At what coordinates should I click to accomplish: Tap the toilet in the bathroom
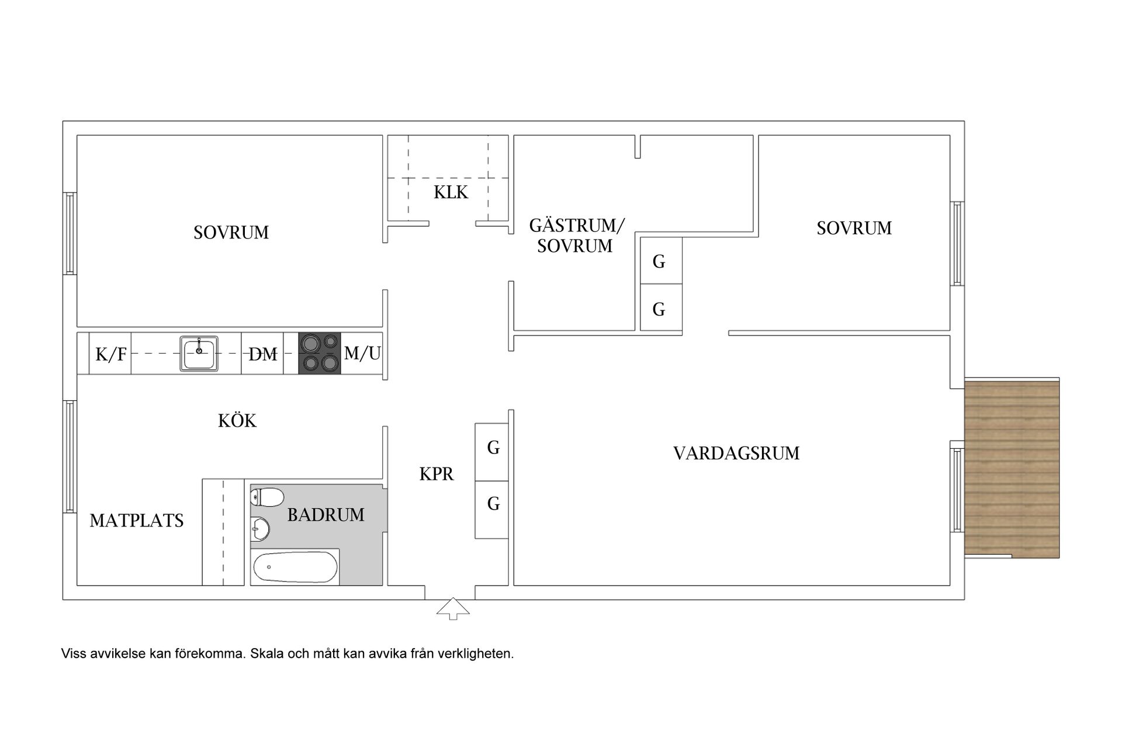[x=267, y=497]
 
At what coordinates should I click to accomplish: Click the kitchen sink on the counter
[x=199, y=354]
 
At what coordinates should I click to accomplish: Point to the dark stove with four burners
[x=319, y=353]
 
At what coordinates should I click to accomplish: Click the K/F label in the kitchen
[x=111, y=354]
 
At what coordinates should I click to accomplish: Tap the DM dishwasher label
[x=262, y=354]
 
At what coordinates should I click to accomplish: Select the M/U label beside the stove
[x=362, y=353]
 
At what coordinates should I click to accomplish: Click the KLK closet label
[x=451, y=192]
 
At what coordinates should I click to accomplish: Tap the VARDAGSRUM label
[x=736, y=453]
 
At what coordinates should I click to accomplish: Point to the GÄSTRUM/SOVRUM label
[x=576, y=236]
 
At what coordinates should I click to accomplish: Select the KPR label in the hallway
[x=437, y=474]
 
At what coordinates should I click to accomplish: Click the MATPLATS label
[x=137, y=521]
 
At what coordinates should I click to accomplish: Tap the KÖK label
[x=237, y=421]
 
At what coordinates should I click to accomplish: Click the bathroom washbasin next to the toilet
[x=261, y=529]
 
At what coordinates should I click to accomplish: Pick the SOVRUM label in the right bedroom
[x=854, y=228]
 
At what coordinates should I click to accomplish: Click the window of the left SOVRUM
[x=70, y=234]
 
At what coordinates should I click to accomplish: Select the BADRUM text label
[x=325, y=515]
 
